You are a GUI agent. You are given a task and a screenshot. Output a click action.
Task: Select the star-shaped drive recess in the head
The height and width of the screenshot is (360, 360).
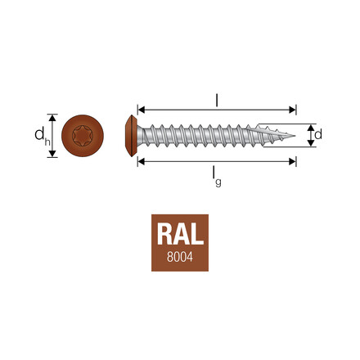tap(82, 135)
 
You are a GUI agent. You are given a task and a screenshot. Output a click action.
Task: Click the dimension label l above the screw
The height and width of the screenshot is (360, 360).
tap(216, 99)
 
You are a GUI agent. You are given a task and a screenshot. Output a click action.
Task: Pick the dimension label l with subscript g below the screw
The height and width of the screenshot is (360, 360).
tap(217, 175)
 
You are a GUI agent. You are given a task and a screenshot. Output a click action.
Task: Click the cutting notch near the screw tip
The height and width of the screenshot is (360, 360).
tap(267, 130)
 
